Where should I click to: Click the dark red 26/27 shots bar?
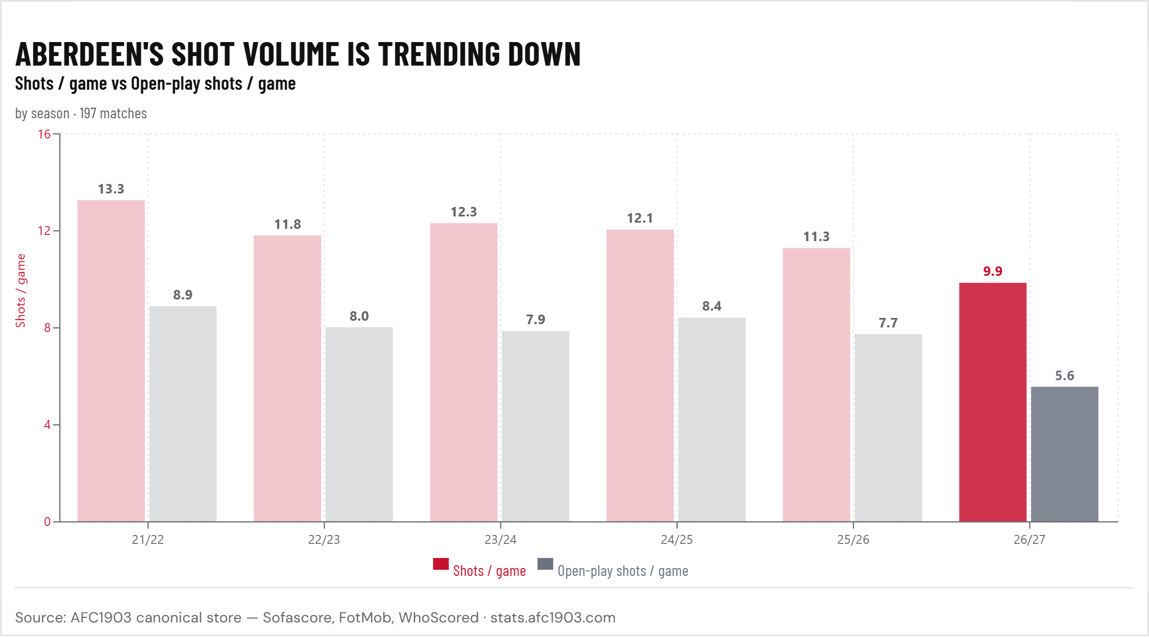(x=992, y=402)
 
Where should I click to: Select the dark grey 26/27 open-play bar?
(x=1064, y=454)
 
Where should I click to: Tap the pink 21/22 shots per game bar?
(x=111, y=361)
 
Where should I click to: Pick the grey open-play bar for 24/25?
(x=712, y=419)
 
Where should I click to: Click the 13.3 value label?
(x=111, y=189)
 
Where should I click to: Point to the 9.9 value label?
(x=992, y=271)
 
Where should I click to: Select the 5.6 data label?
(x=1064, y=376)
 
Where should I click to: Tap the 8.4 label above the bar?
(x=712, y=306)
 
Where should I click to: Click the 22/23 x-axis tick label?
(x=324, y=539)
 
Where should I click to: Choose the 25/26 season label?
(x=853, y=539)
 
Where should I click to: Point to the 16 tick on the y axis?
(x=44, y=134)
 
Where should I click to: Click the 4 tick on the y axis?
(x=48, y=424)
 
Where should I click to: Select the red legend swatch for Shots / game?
(x=441, y=564)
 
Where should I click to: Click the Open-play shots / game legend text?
(x=623, y=571)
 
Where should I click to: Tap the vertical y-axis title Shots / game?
(x=21, y=290)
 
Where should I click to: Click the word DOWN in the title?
(x=544, y=54)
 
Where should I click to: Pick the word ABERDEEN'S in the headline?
(x=90, y=54)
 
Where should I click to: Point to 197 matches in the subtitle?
(x=113, y=113)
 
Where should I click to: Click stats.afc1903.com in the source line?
(x=553, y=617)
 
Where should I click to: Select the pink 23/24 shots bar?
(x=464, y=372)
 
